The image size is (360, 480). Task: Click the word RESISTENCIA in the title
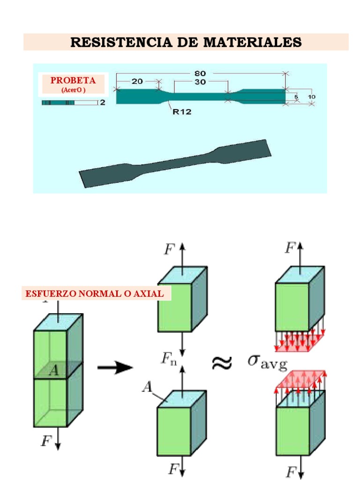(121, 42)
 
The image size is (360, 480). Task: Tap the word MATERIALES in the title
(253, 42)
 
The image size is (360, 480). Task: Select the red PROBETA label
(73, 80)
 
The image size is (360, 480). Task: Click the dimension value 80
(200, 74)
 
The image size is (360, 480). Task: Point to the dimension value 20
(137, 82)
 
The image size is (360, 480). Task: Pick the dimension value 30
(200, 82)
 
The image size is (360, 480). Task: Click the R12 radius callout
(182, 112)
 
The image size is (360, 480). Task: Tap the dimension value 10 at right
(312, 97)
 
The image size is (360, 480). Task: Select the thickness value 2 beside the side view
(103, 102)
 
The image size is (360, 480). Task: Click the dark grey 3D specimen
(175, 163)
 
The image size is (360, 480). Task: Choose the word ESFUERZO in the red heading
(51, 293)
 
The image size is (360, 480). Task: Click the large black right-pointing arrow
(115, 367)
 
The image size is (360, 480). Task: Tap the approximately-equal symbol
(222, 363)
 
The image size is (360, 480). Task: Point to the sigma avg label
(268, 362)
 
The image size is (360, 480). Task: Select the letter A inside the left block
(54, 370)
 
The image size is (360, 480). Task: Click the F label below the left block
(46, 441)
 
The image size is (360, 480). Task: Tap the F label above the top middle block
(170, 249)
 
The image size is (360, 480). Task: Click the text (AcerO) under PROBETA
(73, 90)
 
